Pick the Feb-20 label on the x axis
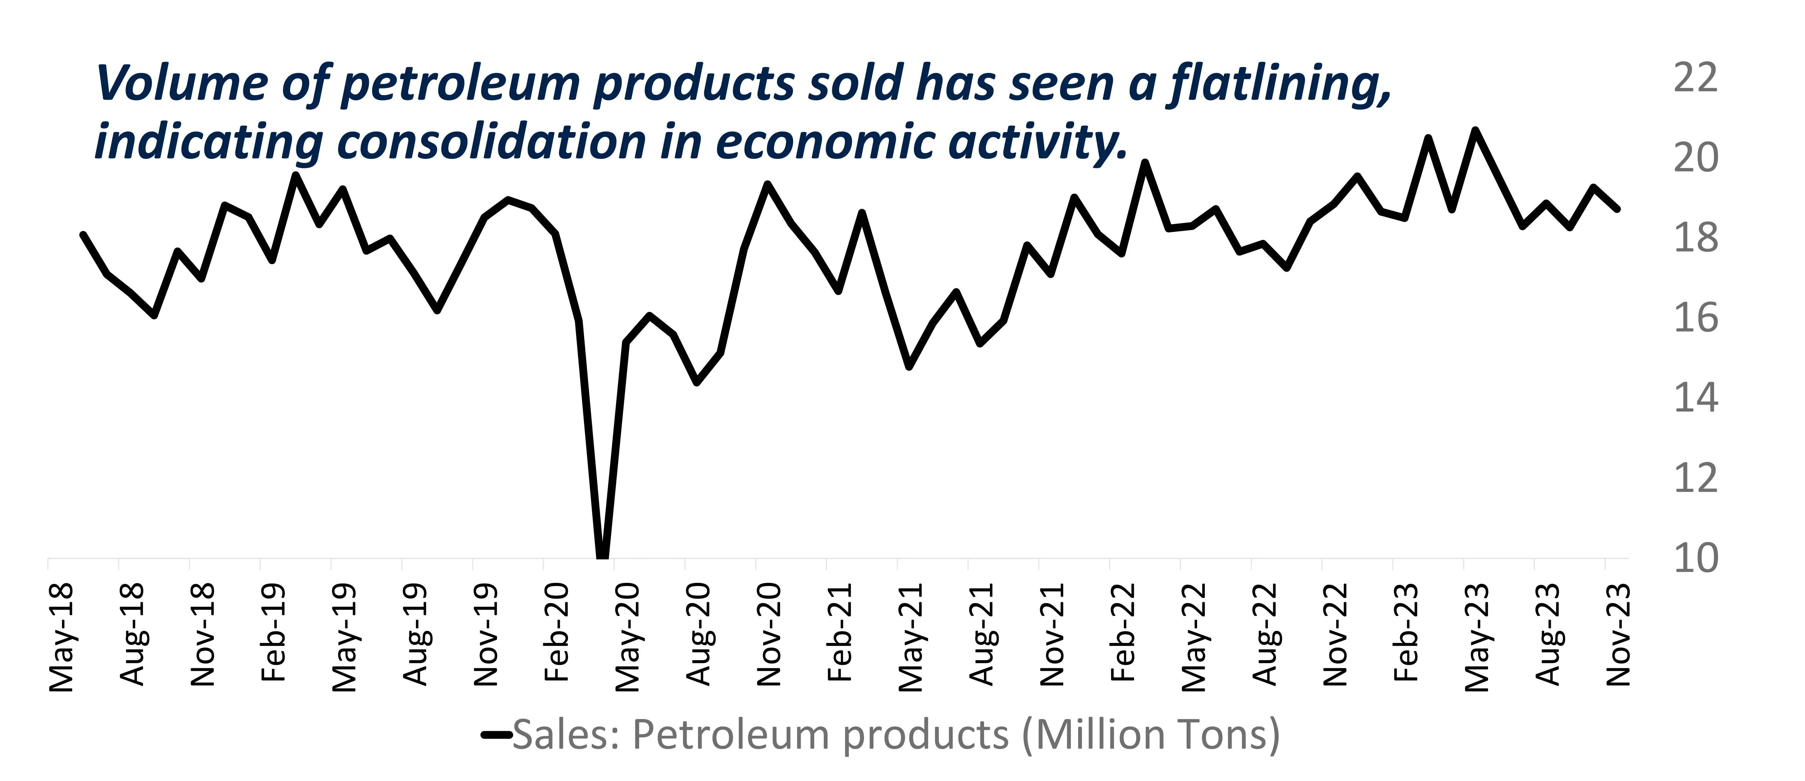point(557,632)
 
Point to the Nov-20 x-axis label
point(769,635)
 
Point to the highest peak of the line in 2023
point(1475,130)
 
